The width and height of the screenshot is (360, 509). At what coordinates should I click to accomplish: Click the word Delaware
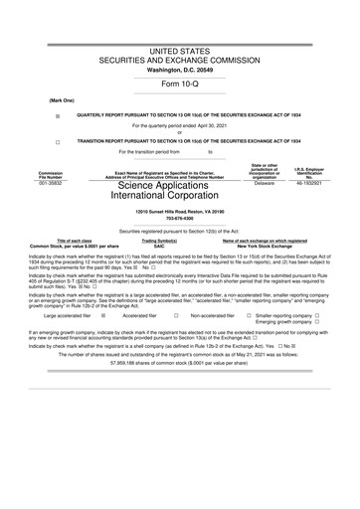[264, 183]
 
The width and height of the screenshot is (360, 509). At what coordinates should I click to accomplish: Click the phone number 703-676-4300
[180, 221]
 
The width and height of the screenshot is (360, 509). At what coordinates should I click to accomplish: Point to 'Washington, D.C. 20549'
[180, 70]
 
